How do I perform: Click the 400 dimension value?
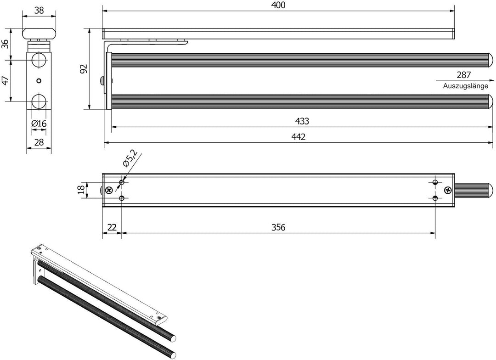(x=278, y=6)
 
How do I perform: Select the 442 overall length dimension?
(x=299, y=137)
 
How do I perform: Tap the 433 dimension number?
(x=302, y=121)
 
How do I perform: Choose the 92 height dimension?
(x=83, y=69)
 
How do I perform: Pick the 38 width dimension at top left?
(x=39, y=10)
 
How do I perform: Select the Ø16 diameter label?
(x=39, y=124)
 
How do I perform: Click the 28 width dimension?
(x=39, y=142)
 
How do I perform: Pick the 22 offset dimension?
(x=112, y=227)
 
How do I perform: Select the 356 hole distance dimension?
(x=278, y=227)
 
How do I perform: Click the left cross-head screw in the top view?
(x=109, y=190)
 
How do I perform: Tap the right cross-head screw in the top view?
(x=448, y=190)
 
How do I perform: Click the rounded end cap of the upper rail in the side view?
(x=490, y=60)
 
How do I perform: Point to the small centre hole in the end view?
(x=39, y=81)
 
